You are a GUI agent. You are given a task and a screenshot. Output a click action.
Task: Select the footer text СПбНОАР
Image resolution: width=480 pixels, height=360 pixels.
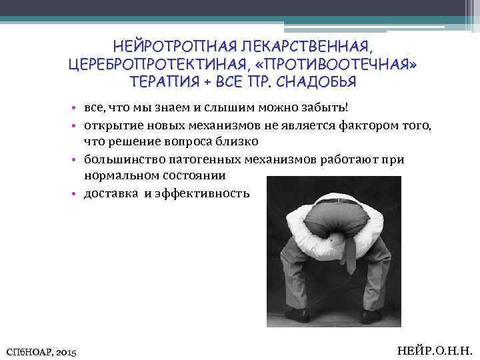[27, 350]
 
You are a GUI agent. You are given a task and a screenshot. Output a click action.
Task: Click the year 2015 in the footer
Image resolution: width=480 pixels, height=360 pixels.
[65, 350]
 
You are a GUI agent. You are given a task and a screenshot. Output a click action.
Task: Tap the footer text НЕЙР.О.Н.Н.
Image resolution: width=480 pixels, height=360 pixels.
[434, 349]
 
